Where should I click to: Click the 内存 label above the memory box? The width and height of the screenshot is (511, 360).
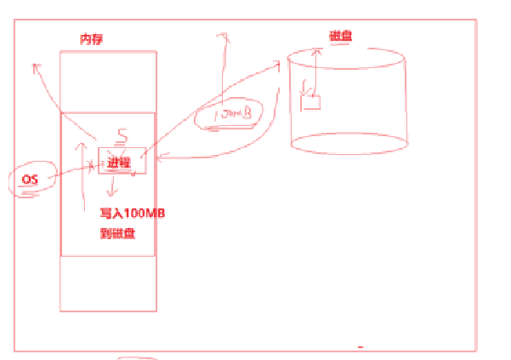91,39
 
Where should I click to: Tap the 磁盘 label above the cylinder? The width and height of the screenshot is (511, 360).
341,36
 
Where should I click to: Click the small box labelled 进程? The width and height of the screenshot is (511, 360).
116,161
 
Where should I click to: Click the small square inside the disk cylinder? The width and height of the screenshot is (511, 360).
311,103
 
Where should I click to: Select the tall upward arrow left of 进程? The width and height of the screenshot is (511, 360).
82,174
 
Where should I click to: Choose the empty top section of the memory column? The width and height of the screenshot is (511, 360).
108,81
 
